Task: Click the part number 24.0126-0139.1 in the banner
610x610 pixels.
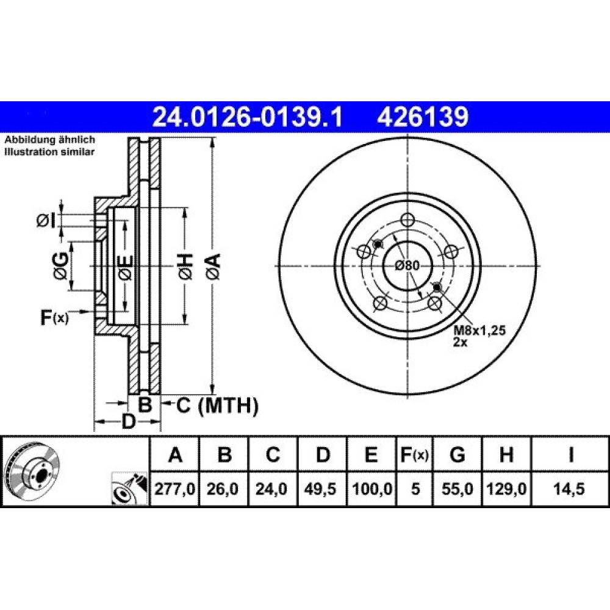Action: pos(248,117)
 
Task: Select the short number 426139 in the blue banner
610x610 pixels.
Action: pos(423,117)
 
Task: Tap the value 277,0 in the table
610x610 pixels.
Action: pos(174,489)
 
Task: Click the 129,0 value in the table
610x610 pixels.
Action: pos(506,489)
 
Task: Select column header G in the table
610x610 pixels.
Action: pos(457,454)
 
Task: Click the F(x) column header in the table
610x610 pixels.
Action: pos(415,454)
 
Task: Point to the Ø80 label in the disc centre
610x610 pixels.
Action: pos(407,266)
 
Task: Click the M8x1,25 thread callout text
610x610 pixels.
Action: pos(479,330)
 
